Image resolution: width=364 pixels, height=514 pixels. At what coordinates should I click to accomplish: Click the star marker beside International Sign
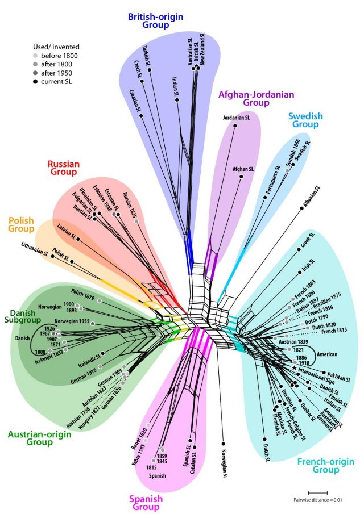294,369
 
